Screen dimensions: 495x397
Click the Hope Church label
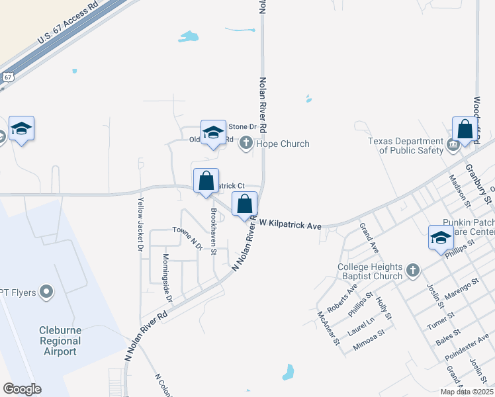point(283,144)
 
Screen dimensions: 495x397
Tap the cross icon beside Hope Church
point(246,142)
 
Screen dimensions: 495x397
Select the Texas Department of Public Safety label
point(406,146)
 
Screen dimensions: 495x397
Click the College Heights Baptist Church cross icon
point(413,269)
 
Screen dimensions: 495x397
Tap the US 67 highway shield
point(7,77)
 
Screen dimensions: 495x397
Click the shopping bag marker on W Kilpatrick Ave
point(244,205)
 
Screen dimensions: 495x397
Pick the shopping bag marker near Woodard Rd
point(465,130)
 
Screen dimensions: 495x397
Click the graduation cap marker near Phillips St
point(441,238)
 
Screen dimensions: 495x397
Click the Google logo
point(22,389)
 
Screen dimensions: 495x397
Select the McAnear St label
point(328,328)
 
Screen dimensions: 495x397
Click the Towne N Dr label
point(187,238)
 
